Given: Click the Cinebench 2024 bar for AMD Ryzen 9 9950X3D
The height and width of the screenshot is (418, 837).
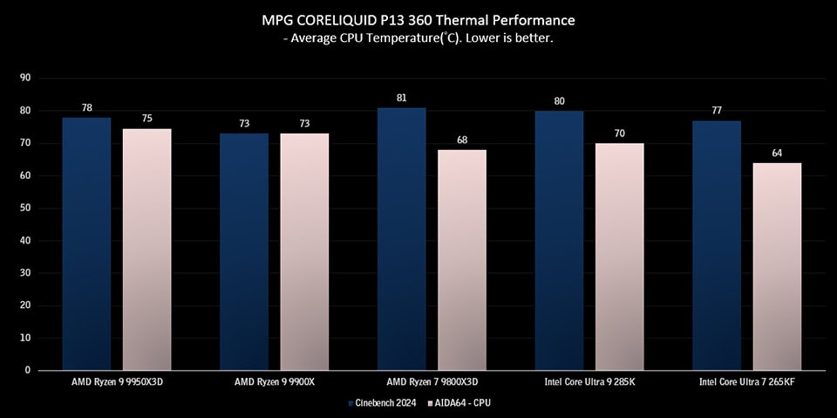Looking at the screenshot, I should coord(86,243).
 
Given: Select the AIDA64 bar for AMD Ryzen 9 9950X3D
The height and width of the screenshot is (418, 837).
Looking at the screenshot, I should coord(147,249).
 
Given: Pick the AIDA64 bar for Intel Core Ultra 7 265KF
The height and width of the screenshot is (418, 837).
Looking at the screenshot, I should coord(777,266).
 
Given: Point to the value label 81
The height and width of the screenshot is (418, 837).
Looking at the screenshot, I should coord(401,98).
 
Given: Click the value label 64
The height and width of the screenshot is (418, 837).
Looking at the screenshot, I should coord(777,153).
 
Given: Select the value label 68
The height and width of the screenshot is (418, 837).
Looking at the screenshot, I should coord(462,140).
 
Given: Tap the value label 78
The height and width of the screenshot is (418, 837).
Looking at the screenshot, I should coord(86,107).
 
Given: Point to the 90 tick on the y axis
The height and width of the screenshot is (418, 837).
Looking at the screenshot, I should coord(25,78).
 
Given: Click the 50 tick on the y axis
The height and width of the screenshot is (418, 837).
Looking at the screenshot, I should coord(25,208).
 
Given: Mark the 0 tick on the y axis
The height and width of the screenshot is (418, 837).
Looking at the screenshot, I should coord(28,370).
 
